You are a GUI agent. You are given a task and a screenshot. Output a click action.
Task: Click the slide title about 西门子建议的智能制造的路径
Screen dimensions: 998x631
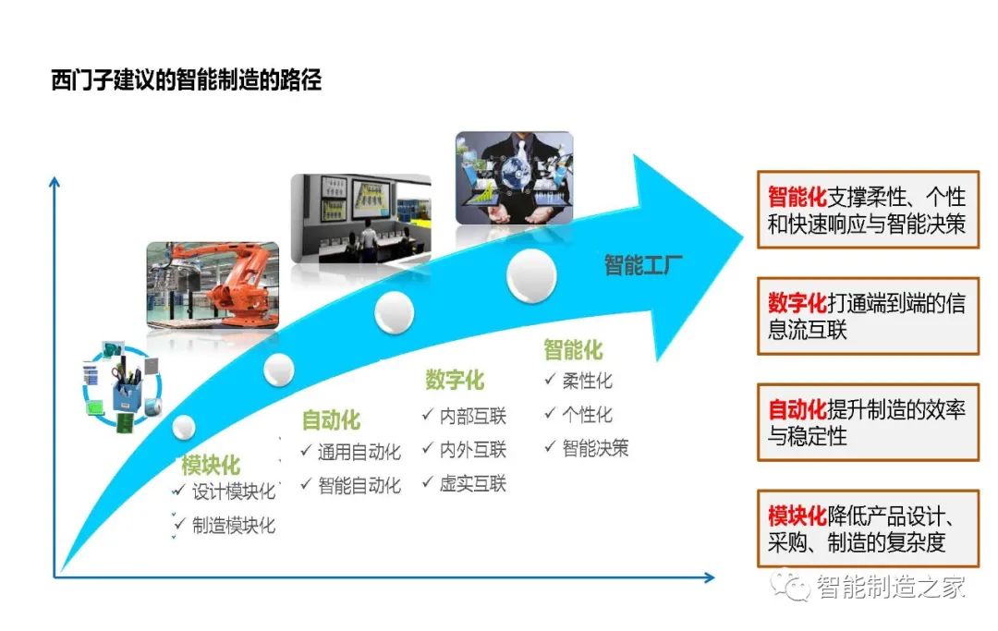tap(186, 80)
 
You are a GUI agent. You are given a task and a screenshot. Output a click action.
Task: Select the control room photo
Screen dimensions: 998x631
tap(360, 217)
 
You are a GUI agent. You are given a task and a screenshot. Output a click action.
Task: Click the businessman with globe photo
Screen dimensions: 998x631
tap(514, 177)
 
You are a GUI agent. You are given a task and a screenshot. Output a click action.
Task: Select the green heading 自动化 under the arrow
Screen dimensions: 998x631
tap(330, 421)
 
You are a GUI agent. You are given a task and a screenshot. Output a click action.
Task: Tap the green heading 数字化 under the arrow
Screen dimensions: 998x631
tap(454, 380)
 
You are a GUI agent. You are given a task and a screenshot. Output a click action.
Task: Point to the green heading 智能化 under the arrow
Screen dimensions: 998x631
tap(573, 350)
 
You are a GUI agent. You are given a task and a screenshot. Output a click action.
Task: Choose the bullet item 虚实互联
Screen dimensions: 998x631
tap(472, 484)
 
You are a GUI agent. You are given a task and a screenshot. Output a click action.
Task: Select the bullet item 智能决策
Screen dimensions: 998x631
tap(595, 449)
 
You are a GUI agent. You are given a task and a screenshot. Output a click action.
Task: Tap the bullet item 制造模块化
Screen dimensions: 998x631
tap(234, 526)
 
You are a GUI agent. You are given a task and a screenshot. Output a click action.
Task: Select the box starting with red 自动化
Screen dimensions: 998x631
tap(868, 421)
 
